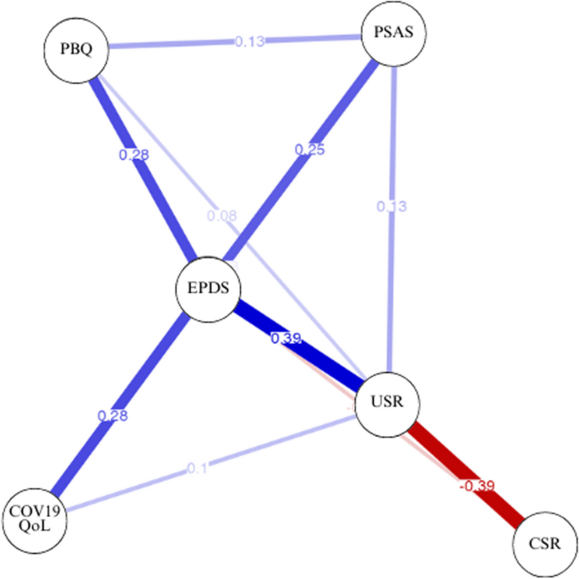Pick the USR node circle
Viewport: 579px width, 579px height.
pyautogui.click(x=385, y=406)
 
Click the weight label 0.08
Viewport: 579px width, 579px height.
pyautogui.click(x=221, y=216)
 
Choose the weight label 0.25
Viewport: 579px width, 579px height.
pyautogui.click(x=309, y=149)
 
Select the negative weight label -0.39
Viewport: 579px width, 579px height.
pyautogui.click(x=476, y=486)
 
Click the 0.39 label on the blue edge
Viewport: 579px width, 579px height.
pyautogui.click(x=286, y=339)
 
